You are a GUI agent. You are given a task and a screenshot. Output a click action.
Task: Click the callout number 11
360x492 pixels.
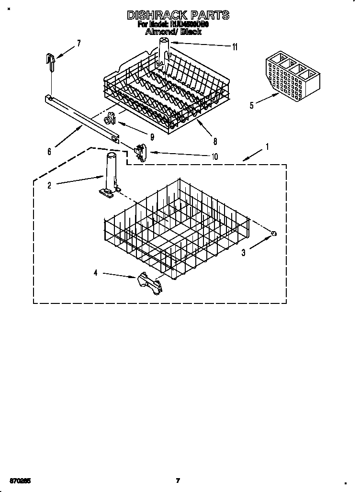pos(235,47)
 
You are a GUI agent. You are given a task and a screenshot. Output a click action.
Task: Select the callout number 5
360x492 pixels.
pos(252,105)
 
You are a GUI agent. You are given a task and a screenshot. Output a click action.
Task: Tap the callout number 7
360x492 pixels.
pos(79,43)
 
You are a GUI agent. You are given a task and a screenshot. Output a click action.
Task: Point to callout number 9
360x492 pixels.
pos(152,137)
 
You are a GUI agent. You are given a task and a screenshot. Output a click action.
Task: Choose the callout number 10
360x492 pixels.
pos(214,156)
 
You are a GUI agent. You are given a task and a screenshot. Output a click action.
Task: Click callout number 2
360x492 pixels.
pos(49,186)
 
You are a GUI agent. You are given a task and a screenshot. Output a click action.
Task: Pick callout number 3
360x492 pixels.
pos(243,253)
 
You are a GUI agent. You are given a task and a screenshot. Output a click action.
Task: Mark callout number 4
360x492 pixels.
pos(96,273)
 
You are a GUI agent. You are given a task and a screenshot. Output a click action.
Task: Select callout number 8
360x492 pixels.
pos(215,141)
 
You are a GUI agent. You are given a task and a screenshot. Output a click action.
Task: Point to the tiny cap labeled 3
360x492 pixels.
pos(274,233)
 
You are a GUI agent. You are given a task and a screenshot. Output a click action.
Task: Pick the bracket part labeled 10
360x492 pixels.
pos(140,152)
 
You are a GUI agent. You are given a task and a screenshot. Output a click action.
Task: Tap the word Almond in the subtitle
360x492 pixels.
pos(161,33)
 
